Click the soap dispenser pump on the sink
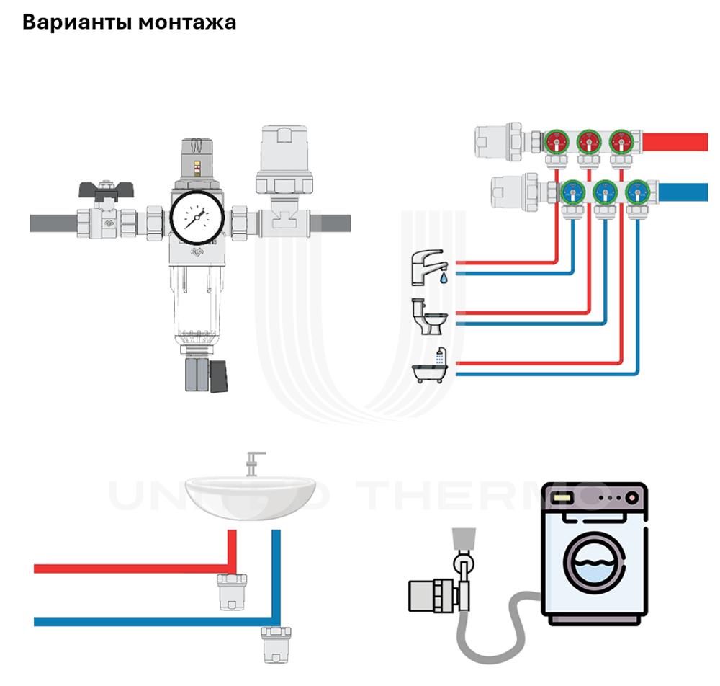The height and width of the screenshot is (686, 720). click(253, 462)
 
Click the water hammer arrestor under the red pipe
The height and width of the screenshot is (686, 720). click(232, 590)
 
